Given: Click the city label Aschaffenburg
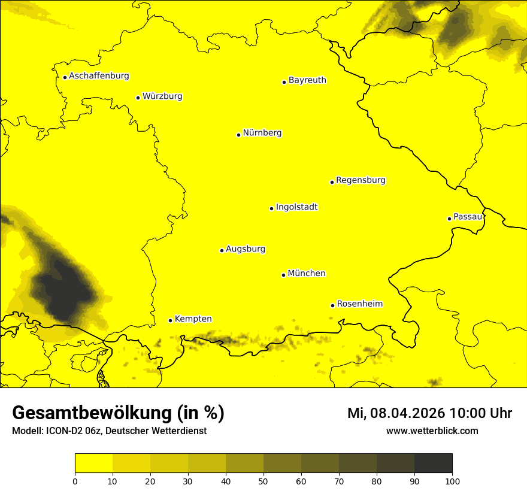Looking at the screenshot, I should pyautogui.click(x=99, y=76).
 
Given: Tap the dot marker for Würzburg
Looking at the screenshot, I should pyautogui.click(x=138, y=98).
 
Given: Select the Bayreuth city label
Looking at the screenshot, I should pyautogui.click(x=307, y=80).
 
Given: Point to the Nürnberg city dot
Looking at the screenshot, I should pyautogui.click(x=238, y=135).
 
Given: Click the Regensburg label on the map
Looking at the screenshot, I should pyautogui.click(x=361, y=180).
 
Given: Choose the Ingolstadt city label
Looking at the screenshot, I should pyautogui.click(x=296, y=207).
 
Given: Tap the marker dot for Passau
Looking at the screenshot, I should pyautogui.click(x=449, y=219).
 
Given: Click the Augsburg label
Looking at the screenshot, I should pyautogui.click(x=246, y=249).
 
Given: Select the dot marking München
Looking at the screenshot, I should pyautogui.click(x=283, y=275).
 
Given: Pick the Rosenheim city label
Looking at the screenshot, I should pyautogui.click(x=359, y=304).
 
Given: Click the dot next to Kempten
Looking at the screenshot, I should pyautogui.click(x=170, y=320).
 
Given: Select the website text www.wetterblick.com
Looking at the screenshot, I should pyautogui.click(x=432, y=431).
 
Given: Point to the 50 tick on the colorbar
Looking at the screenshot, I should pyautogui.click(x=263, y=481).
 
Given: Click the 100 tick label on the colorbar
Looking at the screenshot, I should pyautogui.click(x=452, y=481).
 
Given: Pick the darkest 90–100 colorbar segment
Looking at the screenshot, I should pyautogui.click(x=433, y=463).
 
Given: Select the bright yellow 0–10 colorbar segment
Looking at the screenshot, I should pyautogui.click(x=93, y=463).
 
